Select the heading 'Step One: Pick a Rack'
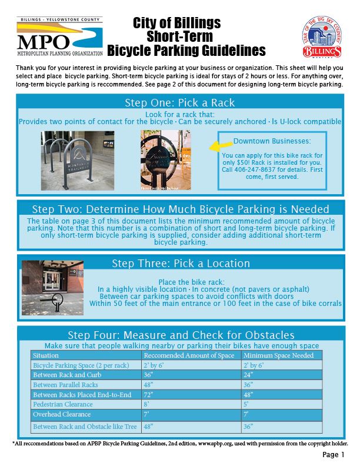(179, 103)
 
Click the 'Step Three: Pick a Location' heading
(181, 263)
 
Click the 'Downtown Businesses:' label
(272, 141)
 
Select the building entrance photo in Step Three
(52, 288)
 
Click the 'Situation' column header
(46, 355)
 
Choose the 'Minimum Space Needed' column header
(274, 355)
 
